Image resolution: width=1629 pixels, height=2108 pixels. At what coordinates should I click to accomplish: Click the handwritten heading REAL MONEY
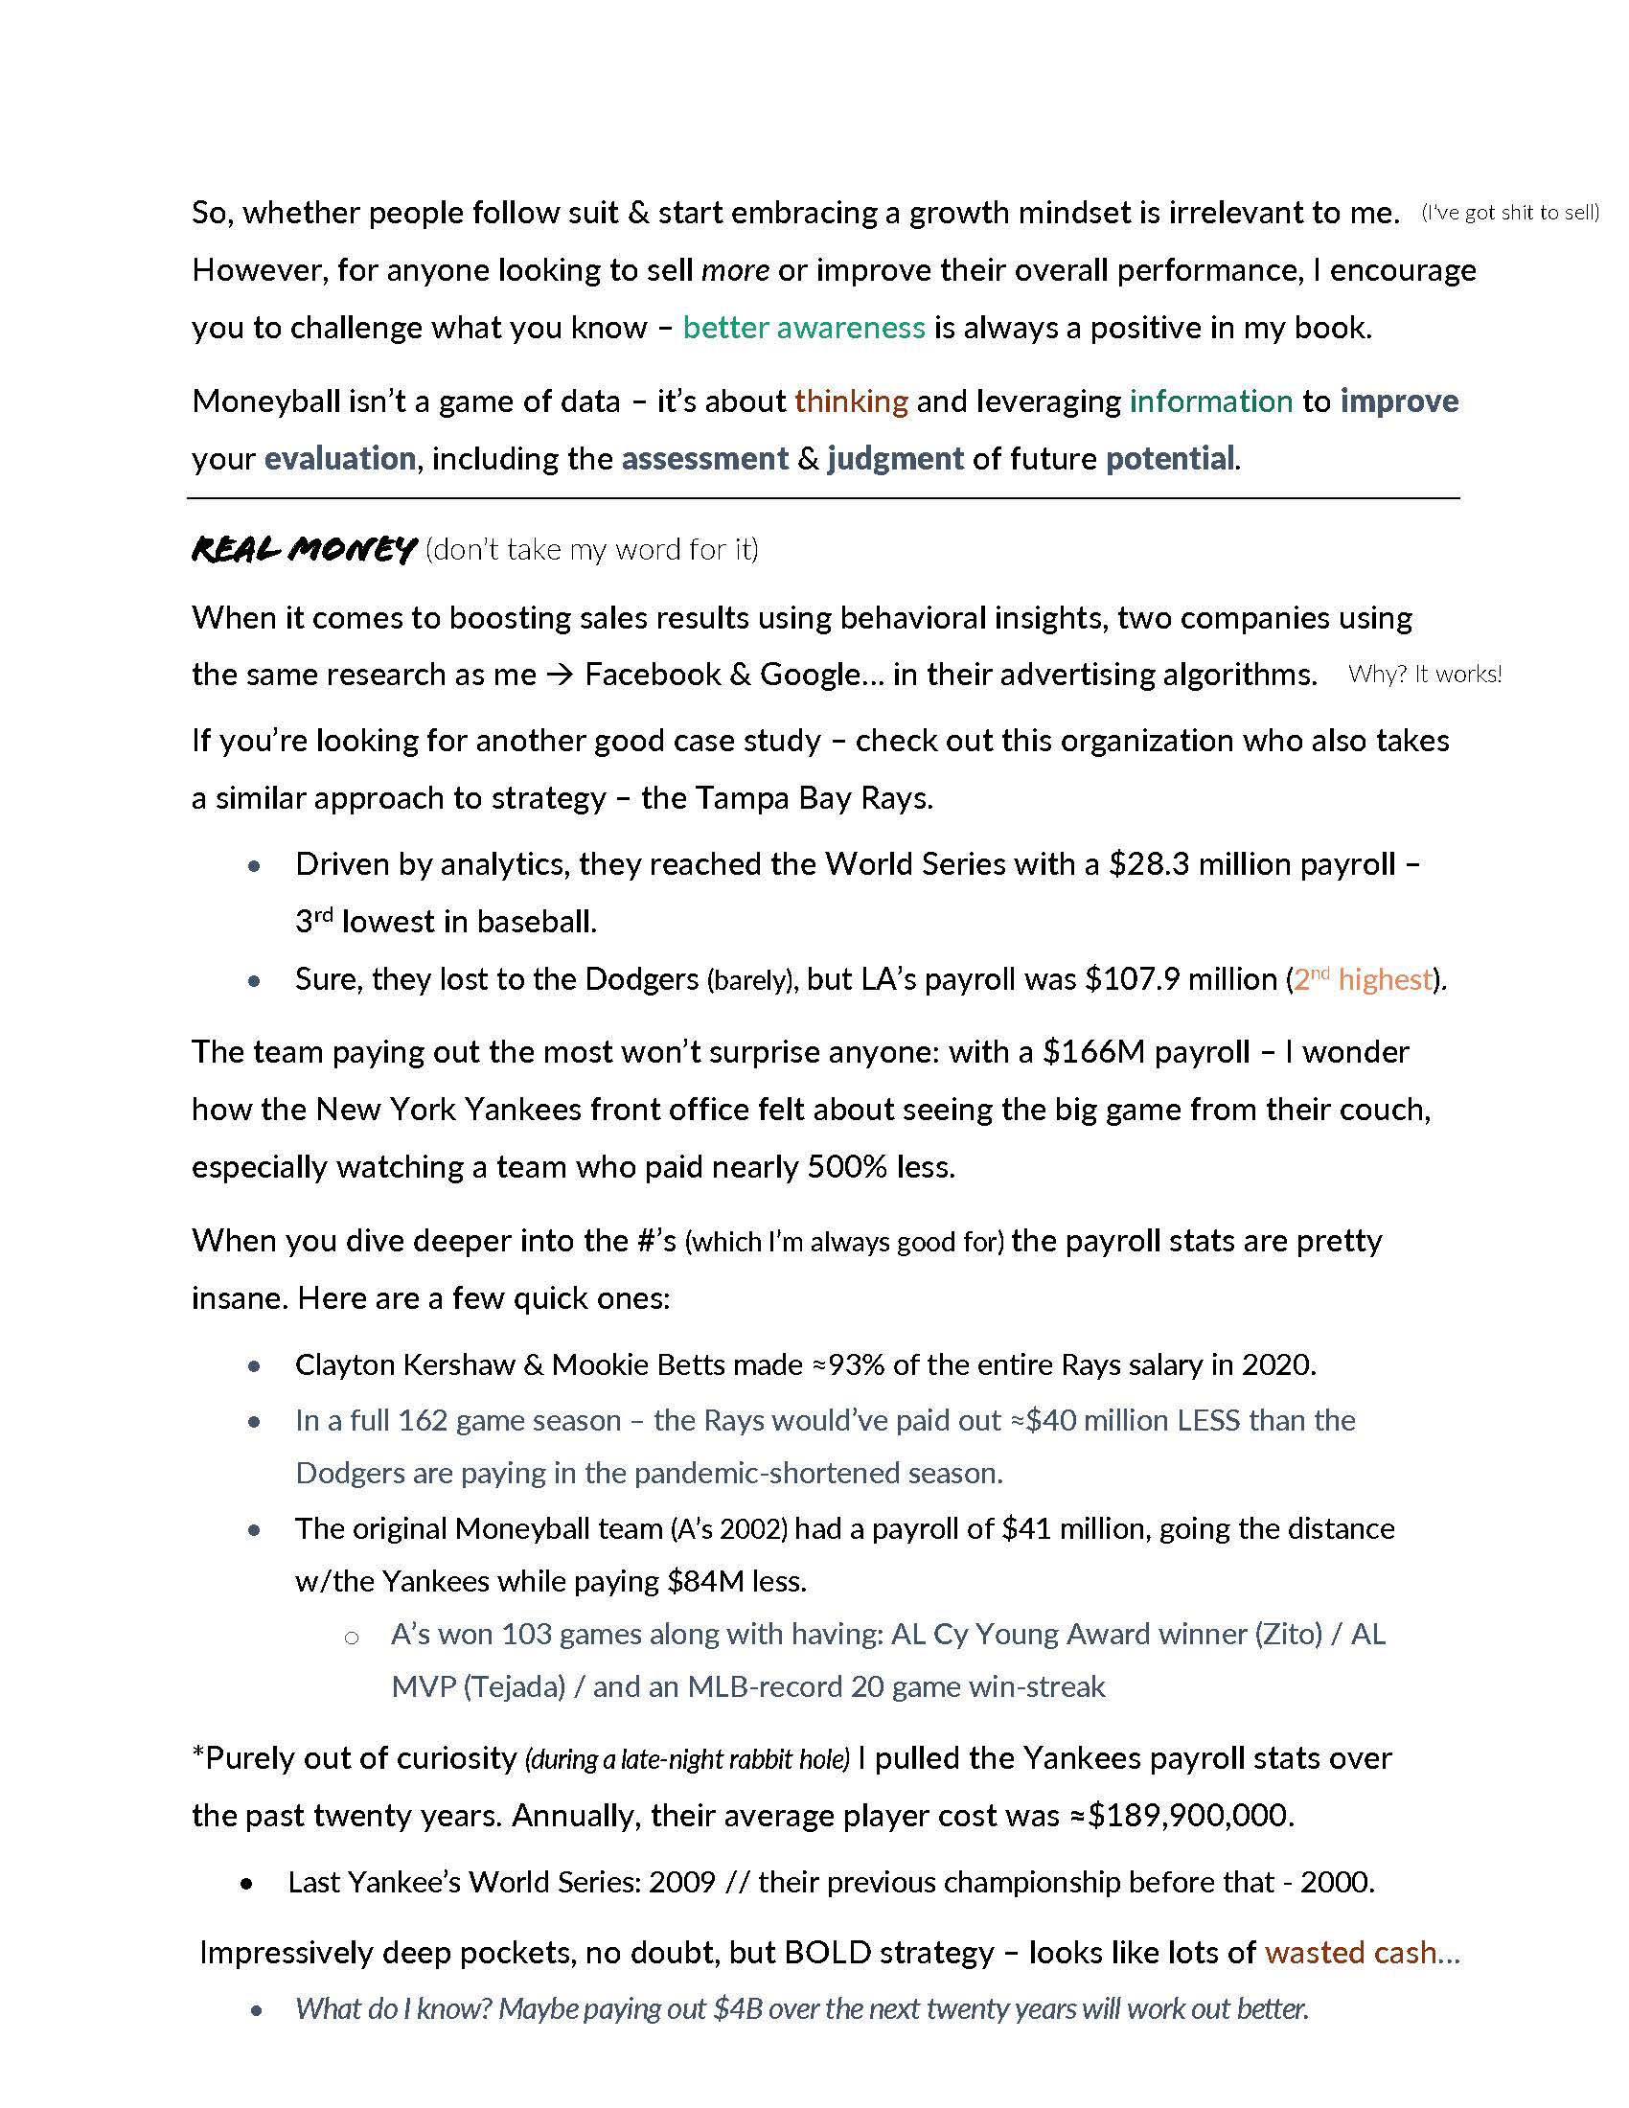coord(304,549)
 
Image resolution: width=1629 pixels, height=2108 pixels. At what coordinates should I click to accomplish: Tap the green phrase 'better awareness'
coord(804,328)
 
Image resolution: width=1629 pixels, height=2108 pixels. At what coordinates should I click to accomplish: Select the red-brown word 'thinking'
coord(851,401)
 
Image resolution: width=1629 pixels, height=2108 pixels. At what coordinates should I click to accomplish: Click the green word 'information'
coord(1211,401)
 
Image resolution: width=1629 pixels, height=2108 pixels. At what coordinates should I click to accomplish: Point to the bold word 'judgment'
coord(896,458)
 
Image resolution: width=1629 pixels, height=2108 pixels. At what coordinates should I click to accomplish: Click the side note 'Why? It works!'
coord(1424,675)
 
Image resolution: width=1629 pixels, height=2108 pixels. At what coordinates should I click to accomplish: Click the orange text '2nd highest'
coord(1363,979)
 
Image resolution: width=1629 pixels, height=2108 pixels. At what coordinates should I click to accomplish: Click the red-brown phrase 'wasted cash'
coord(1351,1953)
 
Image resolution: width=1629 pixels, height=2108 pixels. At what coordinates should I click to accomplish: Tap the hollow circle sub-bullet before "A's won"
coord(353,1637)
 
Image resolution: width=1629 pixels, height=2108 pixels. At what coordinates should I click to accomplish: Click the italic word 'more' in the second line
coord(735,270)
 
